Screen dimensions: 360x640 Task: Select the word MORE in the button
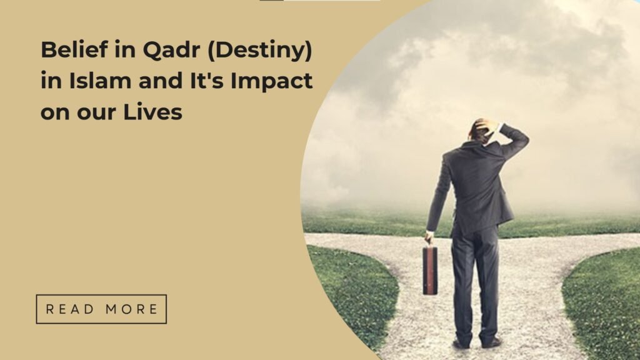(x=132, y=309)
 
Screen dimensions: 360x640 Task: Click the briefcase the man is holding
(x=430, y=269)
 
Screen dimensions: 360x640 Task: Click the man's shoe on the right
(x=493, y=342)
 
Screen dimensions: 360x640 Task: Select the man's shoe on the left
(x=461, y=344)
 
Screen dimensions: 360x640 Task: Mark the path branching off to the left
(x=350, y=241)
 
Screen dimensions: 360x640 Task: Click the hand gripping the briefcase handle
(x=429, y=237)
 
